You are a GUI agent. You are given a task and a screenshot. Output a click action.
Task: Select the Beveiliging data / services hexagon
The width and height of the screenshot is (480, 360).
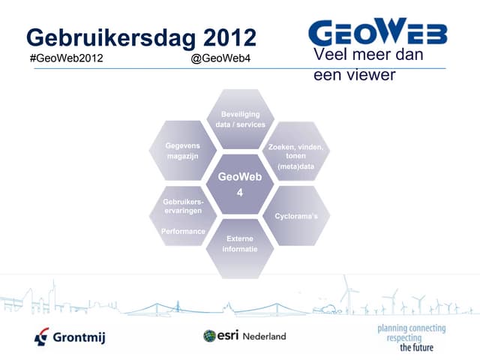pyautogui.click(x=239, y=119)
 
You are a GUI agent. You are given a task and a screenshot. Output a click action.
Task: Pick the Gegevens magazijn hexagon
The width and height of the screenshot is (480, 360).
pyautogui.click(x=182, y=149)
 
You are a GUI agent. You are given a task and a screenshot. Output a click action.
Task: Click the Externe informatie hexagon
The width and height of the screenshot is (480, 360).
pyautogui.click(x=239, y=244)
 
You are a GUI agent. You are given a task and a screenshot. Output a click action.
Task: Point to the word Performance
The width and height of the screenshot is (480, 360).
pyautogui.click(x=184, y=232)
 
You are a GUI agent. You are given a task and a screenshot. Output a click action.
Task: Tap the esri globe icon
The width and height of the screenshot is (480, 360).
pyautogui.click(x=210, y=336)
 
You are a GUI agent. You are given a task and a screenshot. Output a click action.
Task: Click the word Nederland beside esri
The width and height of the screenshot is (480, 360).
pyautogui.click(x=263, y=337)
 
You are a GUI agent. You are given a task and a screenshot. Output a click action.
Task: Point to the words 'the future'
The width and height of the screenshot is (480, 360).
pyautogui.click(x=417, y=348)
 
